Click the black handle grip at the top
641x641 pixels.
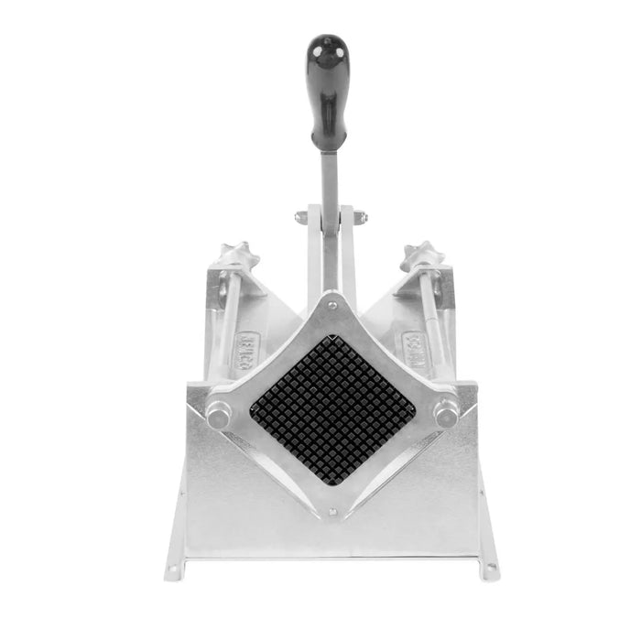327,92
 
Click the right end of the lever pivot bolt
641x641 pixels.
361,218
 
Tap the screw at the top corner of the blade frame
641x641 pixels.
331,304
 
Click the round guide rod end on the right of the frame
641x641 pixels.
445,412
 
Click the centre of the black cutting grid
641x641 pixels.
331,403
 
